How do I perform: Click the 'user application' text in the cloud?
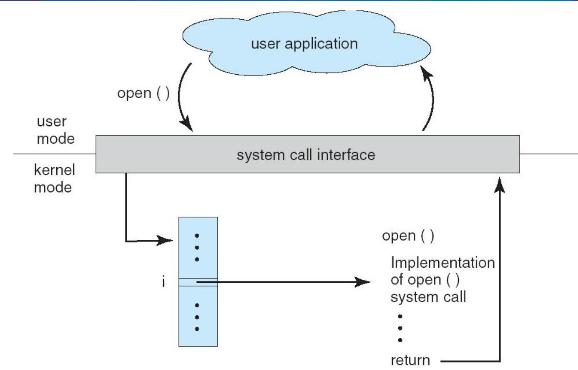304,44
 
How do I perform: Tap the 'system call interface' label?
306,155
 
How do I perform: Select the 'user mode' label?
56,130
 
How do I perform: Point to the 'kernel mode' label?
55,179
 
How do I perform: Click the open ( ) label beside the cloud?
143,93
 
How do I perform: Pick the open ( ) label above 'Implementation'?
408,236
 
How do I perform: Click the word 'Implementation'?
443,263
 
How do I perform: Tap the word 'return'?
410,360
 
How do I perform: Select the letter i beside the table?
163,281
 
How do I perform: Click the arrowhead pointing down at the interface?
187,124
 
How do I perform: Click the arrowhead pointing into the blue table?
165,241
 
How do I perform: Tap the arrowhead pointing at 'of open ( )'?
362,282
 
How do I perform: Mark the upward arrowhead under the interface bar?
500,185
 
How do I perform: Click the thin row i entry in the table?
198,282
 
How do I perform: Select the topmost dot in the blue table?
197,236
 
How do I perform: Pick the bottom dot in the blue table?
197,329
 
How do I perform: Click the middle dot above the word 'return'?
400,328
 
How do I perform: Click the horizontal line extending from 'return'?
470,361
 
